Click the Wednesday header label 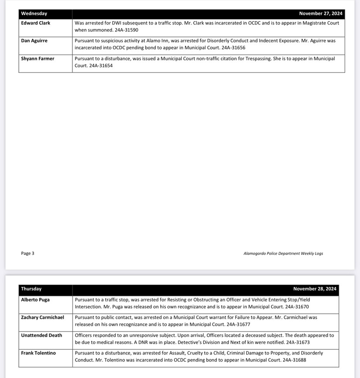34,14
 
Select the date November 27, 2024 320,14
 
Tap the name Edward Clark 35,23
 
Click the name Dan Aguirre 34,41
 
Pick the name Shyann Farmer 38,58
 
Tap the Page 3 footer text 27,253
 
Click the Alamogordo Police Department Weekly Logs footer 283,253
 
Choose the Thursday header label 31,289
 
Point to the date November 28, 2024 315,289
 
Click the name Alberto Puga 35,300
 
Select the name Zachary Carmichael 42,317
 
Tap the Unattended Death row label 41,335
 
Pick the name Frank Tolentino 38,353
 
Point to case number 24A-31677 238,325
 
